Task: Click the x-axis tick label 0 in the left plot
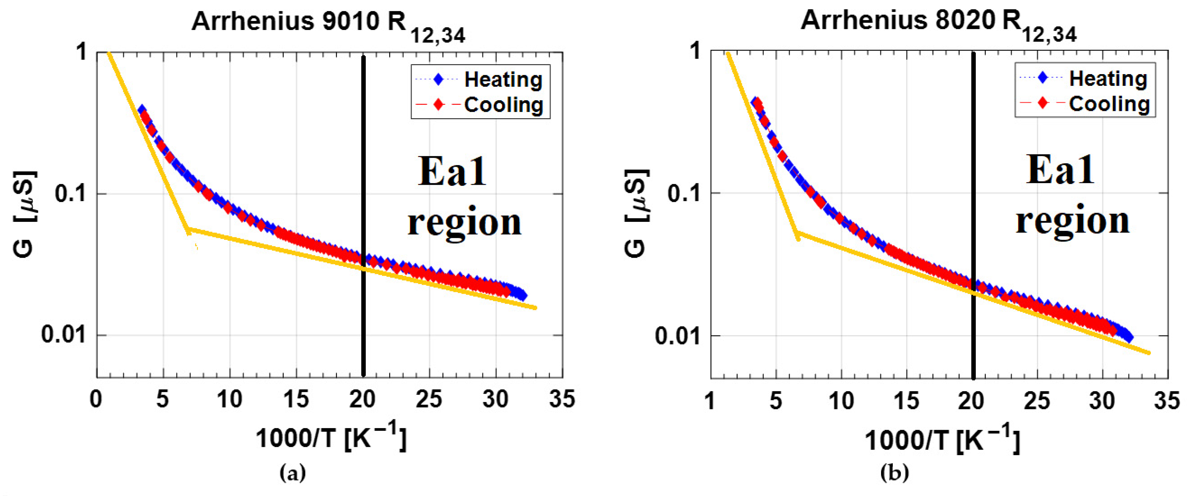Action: pos(96,399)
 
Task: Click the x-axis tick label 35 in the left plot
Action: pos(562,399)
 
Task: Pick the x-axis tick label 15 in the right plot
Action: pos(906,400)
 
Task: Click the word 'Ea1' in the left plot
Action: pos(452,172)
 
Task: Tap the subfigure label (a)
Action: pos(293,473)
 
